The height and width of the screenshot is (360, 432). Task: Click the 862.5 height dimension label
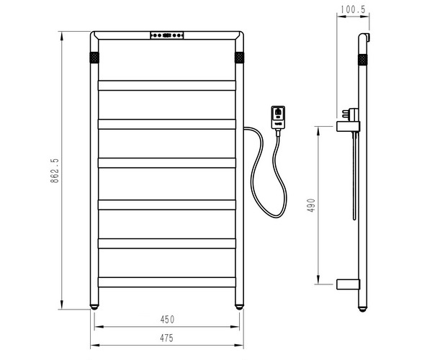54,170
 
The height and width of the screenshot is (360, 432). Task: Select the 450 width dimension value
168,319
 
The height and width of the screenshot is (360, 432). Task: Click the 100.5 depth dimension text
351,10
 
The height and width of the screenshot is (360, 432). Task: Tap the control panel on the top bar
167,35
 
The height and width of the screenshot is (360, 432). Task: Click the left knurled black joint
94,56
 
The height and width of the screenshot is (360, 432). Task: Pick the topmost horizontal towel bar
167,85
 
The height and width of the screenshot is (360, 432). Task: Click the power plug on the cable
278,117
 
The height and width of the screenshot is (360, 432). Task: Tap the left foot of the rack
94,306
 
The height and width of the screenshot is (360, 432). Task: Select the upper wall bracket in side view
347,127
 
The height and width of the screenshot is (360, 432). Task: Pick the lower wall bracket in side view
347,283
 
